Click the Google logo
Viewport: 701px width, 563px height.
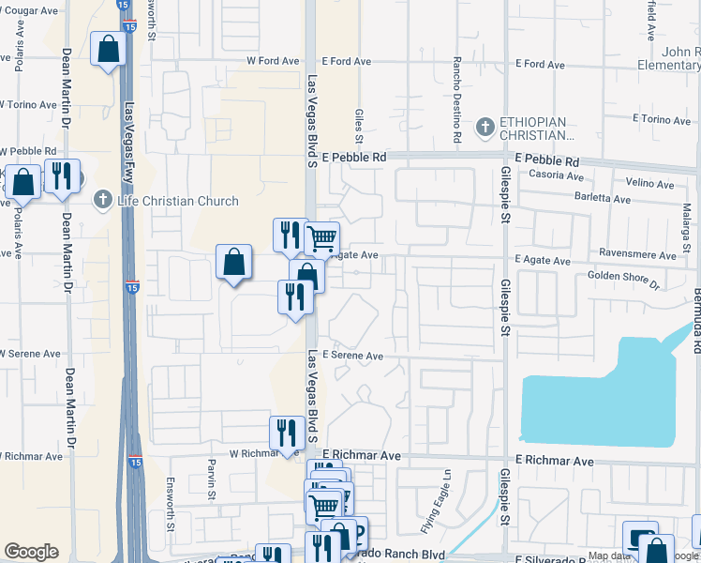click(31, 552)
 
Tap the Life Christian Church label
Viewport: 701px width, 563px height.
click(178, 201)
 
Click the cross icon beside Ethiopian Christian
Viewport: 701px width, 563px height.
click(485, 126)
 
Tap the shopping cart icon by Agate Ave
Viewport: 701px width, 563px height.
click(321, 238)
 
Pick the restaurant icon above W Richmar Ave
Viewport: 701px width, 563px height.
click(287, 433)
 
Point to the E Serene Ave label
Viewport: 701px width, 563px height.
click(353, 357)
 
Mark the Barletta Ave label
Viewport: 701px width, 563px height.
click(604, 199)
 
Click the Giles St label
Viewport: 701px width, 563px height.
click(358, 120)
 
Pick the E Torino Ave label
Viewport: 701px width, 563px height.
click(661, 119)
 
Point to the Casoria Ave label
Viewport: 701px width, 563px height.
click(552, 175)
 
